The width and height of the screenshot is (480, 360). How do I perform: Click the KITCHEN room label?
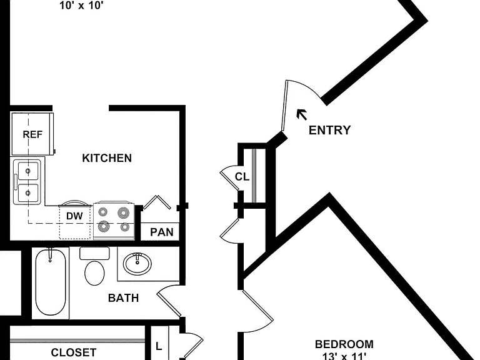tap(107, 158)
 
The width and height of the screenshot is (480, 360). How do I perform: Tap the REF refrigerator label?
tap(32, 134)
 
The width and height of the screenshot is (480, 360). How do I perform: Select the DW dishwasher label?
tap(74, 216)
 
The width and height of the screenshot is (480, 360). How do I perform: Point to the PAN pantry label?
tap(162, 232)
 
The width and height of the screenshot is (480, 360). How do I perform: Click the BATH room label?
tap(123, 298)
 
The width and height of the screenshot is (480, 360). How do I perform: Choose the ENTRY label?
tap(329, 130)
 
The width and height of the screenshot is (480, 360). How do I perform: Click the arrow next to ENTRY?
tap(302, 115)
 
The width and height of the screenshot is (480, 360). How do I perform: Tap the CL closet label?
tap(242, 177)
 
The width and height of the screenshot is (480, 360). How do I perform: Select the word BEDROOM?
tap(344, 344)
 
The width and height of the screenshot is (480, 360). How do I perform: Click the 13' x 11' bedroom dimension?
tap(344, 356)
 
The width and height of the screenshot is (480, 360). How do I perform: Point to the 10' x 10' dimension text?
tap(80, 6)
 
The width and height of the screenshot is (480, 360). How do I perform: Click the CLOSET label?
tap(74, 352)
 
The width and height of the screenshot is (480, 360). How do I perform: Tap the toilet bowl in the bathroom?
tap(94, 273)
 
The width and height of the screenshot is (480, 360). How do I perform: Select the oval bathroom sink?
tap(137, 264)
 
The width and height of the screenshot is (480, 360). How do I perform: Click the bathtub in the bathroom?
tap(51, 282)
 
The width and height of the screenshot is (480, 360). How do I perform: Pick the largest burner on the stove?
tap(123, 212)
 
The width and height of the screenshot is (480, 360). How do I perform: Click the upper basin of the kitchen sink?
tap(28, 171)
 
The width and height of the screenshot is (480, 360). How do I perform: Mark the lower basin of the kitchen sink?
tap(28, 193)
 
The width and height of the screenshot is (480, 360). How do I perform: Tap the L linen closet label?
tap(159, 346)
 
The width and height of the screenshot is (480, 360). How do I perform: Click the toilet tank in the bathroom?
tap(94, 254)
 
